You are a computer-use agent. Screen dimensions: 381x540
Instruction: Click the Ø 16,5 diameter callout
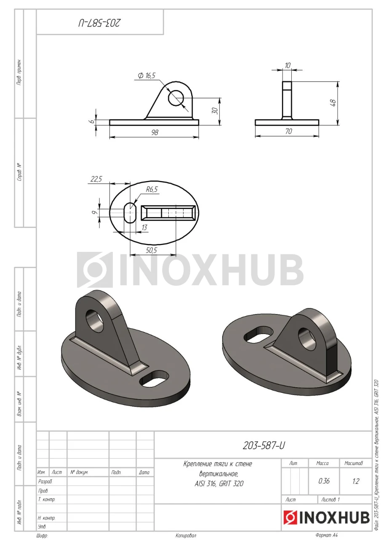pyautogui.click(x=147, y=76)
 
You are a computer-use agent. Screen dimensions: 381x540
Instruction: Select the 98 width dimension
pyautogui.click(x=155, y=132)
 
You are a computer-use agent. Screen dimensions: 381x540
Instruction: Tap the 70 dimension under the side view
pyautogui.click(x=288, y=131)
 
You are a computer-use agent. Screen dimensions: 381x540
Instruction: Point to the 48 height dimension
pyautogui.click(x=333, y=103)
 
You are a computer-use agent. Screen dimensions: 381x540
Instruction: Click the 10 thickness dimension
pyautogui.click(x=288, y=65)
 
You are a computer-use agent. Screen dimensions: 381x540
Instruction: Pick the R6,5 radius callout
pyautogui.click(x=152, y=189)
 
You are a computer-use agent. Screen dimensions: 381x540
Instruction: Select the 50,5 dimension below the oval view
pyautogui.click(x=151, y=250)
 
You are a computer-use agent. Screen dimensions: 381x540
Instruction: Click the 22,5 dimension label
pyautogui.click(x=96, y=179)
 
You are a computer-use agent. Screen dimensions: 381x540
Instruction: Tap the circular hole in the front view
pyautogui.click(x=176, y=98)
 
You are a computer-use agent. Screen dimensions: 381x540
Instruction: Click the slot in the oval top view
pyautogui.click(x=130, y=213)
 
